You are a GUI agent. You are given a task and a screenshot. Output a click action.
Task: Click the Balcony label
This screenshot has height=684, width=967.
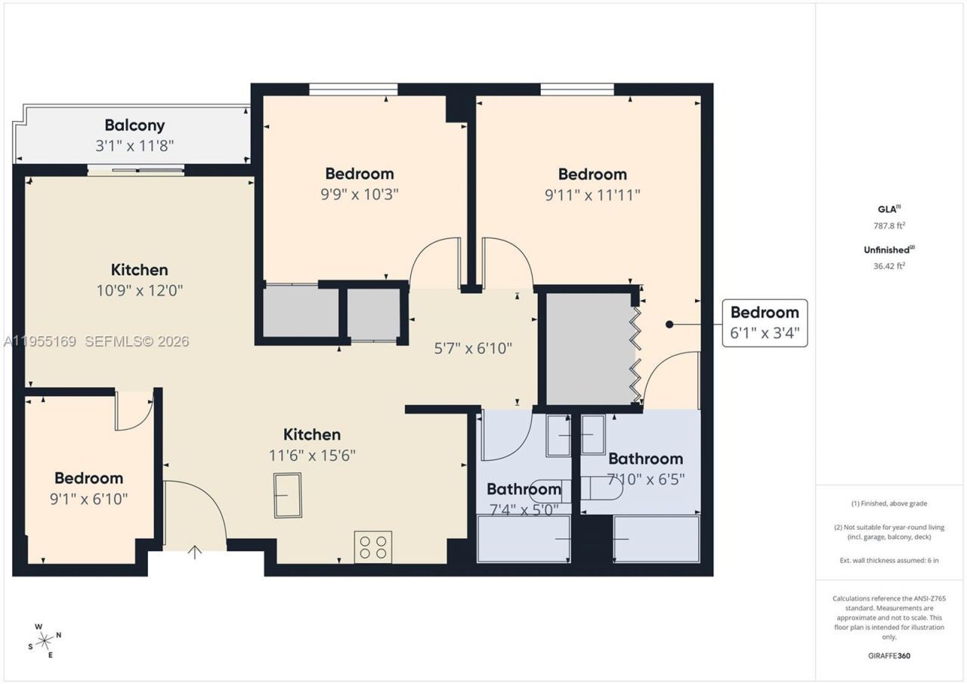tap(134, 125)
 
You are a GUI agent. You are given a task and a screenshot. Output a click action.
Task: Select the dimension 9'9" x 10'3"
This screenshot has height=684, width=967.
tap(360, 193)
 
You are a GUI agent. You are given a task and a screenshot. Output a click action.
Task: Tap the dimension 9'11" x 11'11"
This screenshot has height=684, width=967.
tap(592, 194)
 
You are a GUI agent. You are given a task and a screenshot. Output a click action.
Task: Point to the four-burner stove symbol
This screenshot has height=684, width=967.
tap(373, 546)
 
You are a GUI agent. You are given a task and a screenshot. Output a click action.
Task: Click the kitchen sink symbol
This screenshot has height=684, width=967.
tap(288, 495)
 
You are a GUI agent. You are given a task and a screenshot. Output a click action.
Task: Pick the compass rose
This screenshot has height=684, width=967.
tap(45, 642)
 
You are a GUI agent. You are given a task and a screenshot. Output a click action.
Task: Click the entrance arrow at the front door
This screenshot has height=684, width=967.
tap(195, 552)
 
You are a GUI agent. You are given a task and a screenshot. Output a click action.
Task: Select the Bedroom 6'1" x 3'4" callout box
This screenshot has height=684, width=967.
tap(765, 323)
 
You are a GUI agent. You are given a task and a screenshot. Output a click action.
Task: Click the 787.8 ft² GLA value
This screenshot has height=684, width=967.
tap(889, 225)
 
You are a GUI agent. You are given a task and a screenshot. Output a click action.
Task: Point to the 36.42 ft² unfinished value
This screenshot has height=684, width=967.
tap(889, 265)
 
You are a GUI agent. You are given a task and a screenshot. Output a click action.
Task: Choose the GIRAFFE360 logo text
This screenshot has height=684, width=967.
tap(889, 655)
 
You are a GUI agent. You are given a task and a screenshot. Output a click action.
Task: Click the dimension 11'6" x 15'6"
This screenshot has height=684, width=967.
tap(312, 455)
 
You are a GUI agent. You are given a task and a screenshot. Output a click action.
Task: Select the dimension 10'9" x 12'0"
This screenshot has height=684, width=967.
tap(140, 289)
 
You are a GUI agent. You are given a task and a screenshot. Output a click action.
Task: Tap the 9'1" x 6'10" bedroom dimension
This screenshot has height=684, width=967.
tap(88, 499)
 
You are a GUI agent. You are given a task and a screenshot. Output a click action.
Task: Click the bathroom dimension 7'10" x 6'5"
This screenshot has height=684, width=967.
tap(646, 478)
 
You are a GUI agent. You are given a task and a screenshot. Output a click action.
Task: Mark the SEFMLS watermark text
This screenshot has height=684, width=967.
tap(137, 342)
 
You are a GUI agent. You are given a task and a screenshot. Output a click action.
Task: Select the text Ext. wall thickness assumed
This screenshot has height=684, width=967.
tap(889, 560)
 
